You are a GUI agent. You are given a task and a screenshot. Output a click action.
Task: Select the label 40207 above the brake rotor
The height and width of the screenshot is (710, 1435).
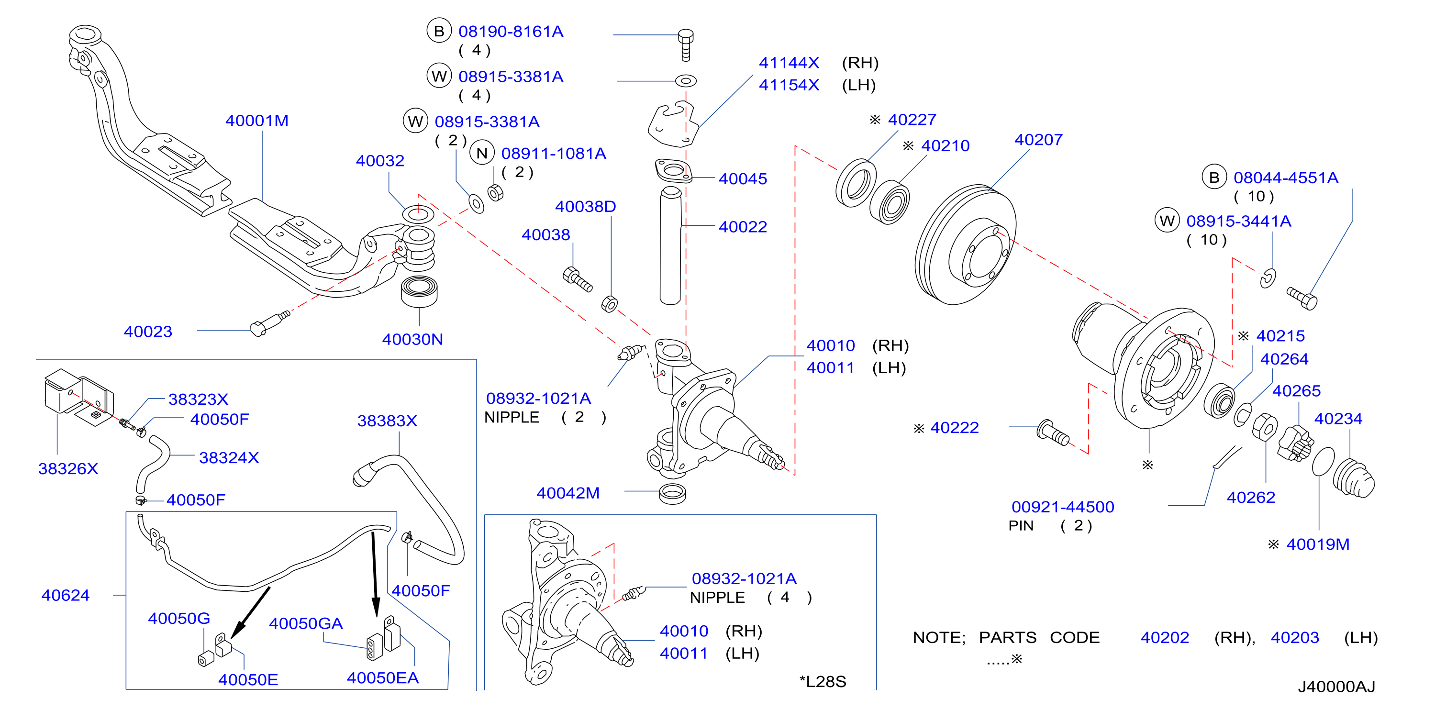click(x=1038, y=139)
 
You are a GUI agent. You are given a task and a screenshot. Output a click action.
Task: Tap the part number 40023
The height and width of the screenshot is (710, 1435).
click(x=148, y=332)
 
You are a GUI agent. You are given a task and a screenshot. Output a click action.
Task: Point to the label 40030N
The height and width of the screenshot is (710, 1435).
click(x=412, y=339)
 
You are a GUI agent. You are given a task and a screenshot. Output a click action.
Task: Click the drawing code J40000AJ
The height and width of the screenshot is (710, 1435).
click(x=1336, y=686)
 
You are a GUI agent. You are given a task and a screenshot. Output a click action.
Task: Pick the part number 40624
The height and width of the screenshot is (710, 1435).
click(x=65, y=595)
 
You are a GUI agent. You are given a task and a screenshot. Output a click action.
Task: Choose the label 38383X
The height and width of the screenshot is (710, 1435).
click(x=387, y=421)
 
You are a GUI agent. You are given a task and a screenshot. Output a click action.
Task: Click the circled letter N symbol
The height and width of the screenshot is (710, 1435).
click(x=482, y=153)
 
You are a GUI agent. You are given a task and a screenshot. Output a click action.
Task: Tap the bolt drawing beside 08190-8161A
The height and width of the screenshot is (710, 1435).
click(x=686, y=45)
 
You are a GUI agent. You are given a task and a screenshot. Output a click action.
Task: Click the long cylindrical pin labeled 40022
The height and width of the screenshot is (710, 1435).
click(x=670, y=246)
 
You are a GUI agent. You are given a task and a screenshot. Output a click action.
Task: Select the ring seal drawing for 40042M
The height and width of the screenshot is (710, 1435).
click(x=672, y=494)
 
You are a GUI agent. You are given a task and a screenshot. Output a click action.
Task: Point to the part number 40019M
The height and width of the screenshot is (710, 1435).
click(x=1318, y=544)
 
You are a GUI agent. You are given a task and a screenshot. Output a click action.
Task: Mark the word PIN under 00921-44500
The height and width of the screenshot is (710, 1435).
click(x=1021, y=526)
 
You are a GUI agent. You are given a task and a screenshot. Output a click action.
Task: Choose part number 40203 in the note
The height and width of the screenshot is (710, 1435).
click(x=1295, y=637)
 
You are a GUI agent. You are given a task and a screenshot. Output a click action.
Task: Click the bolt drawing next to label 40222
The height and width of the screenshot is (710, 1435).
click(x=1053, y=433)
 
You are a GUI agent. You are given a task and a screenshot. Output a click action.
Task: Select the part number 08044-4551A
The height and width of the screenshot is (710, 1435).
click(x=1286, y=177)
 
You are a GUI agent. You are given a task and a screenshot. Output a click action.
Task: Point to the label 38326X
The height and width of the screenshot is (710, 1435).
click(x=68, y=468)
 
